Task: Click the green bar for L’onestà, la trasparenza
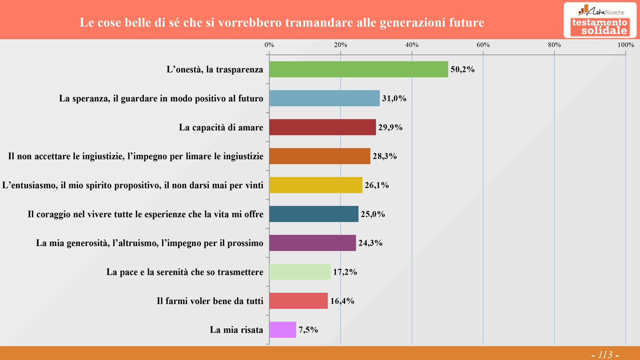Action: point(358,69)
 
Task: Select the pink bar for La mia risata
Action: point(282,329)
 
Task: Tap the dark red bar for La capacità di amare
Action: point(322,127)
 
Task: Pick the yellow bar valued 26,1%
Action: point(315,185)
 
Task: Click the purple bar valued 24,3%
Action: point(312,243)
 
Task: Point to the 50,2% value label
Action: point(462,69)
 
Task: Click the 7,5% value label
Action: point(308,330)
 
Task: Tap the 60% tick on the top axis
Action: point(483,45)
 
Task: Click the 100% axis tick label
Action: point(626,45)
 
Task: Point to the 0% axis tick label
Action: point(269,45)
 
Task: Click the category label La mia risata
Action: point(236,330)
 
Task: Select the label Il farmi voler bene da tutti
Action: point(210,301)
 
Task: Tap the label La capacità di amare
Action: point(221,127)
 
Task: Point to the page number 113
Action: point(605,354)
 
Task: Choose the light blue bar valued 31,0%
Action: point(324,98)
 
